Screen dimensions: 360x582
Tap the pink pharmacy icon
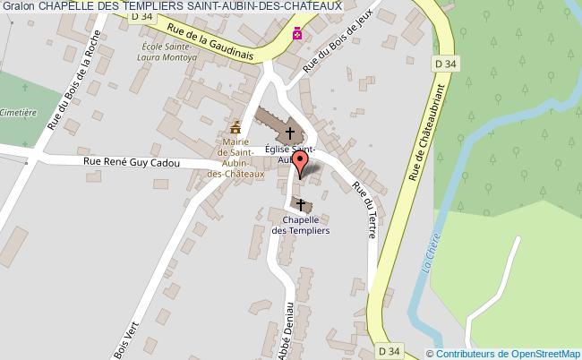pyautogui.click(x=297, y=34)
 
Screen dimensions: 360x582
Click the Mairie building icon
pyautogui.click(x=235, y=126)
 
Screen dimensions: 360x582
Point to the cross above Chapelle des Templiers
pyautogui.click(x=301, y=204)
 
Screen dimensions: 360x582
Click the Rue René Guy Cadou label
pyautogui.click(x=132, y=163)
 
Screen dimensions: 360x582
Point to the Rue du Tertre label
pyautogui.click(x=364, y=210)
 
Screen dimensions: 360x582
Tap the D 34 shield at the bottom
pyautogui.click(x=387, y=350)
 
